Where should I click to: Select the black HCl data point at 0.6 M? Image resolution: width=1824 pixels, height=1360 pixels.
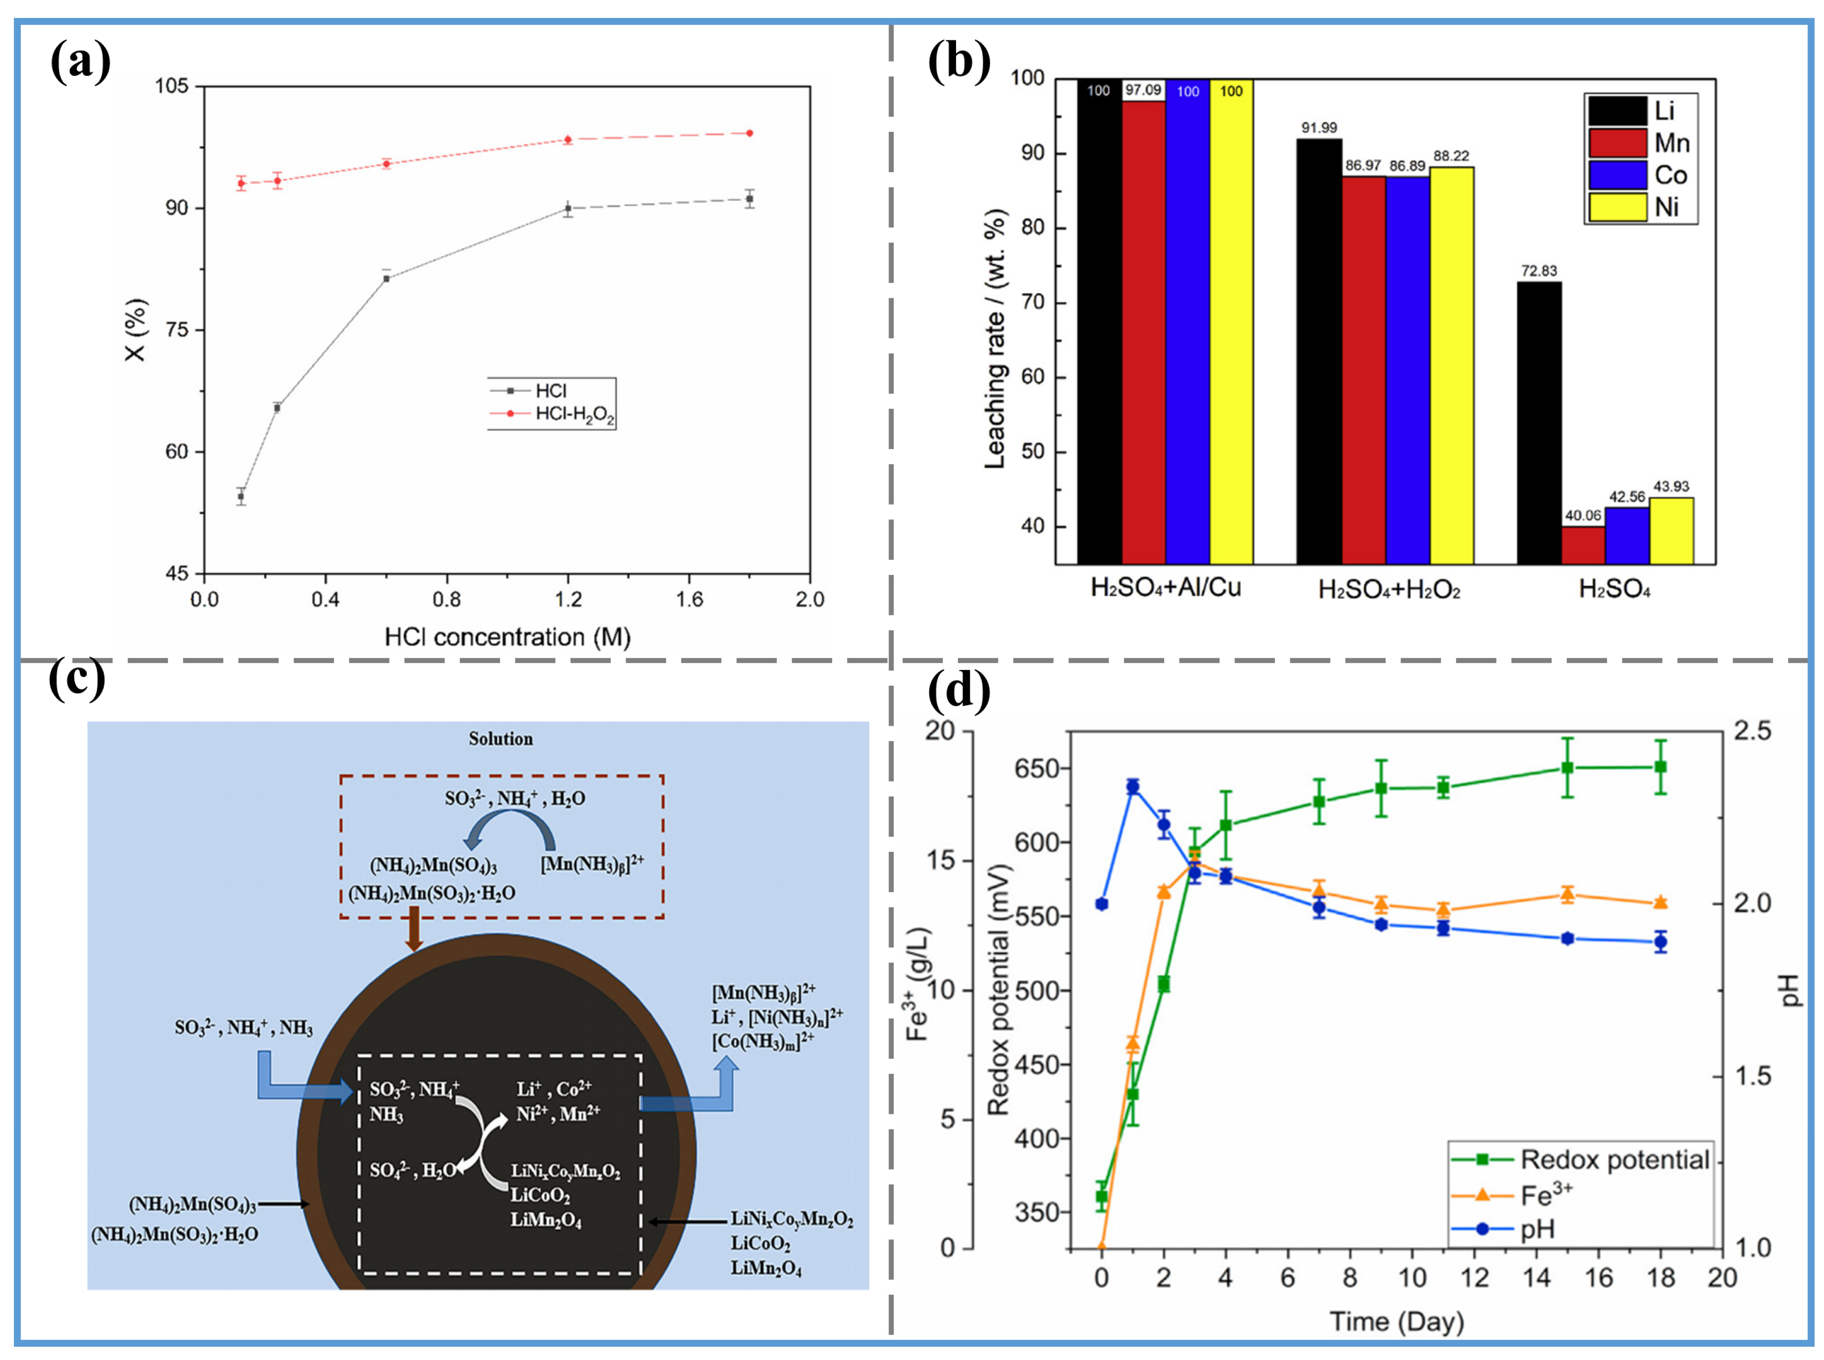coord(386,278)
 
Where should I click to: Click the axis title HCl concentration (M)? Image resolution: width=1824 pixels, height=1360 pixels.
coord(507,637)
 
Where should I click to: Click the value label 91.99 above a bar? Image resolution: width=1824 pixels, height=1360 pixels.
coord(1319,128)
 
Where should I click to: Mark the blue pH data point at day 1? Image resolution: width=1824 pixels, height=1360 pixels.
coord(1132,787)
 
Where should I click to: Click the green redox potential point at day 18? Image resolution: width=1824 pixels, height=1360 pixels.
coord(1660,767)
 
